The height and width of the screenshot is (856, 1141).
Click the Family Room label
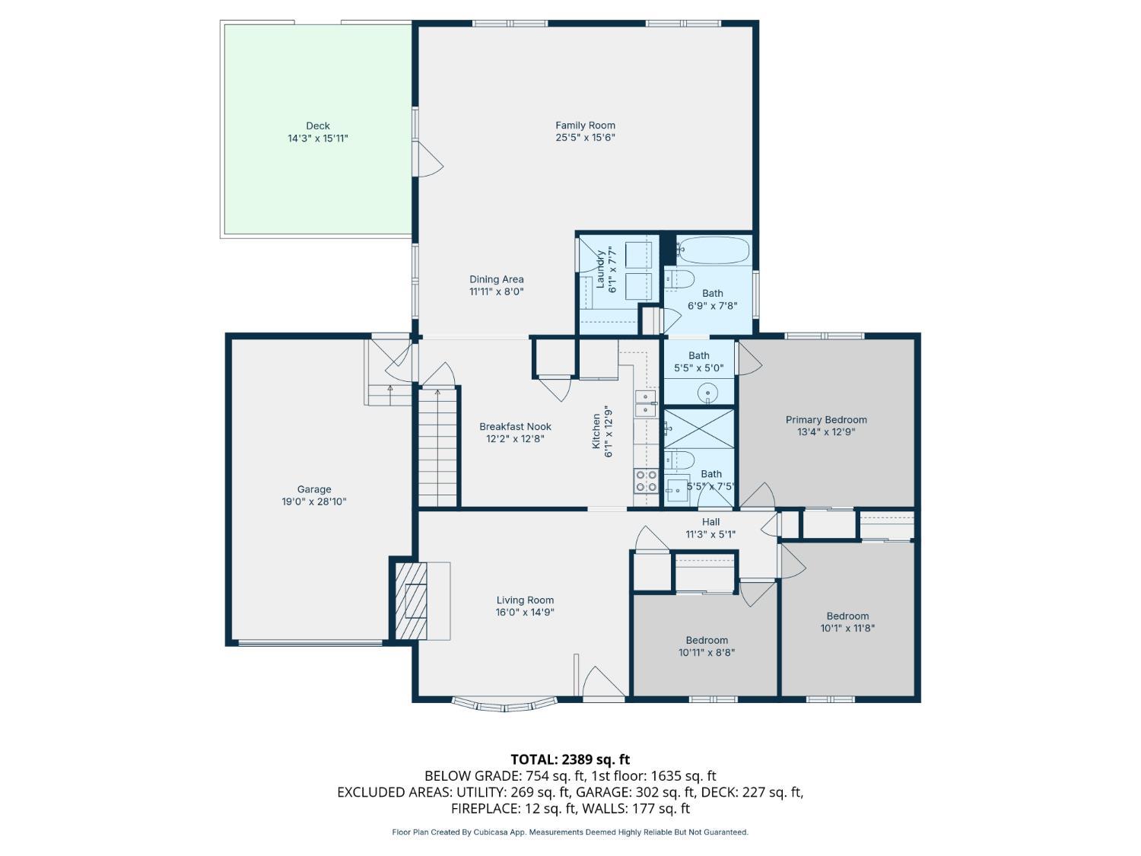(x=585, y=126)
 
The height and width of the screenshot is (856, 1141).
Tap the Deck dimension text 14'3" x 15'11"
(x=318, y=138)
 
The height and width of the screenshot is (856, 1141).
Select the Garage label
(x=314, y=489)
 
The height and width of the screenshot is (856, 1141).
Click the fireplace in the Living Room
(x=416, y=600)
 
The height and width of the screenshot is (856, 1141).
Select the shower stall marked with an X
(x=699, y=428)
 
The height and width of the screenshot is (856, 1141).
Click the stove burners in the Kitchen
(x=646, y=481)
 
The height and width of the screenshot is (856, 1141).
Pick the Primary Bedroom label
(x=826, y=419)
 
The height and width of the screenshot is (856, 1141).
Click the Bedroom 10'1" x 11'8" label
(x=847, y=616)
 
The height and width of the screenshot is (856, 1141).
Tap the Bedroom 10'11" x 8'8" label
(x=707, y=640)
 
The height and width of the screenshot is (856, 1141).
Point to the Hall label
(x=710, y=521)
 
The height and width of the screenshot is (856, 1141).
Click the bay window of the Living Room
(x=504, y=703)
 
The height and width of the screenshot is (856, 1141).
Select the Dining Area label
(x=496, y=279)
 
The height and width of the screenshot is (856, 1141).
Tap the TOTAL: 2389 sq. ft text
(x=570, y=759)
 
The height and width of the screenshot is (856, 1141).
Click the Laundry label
(x=600, y=269)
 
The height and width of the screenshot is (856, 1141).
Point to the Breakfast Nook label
(x=515, y=427)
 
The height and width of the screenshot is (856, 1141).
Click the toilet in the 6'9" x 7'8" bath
(x=679, y=279)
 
